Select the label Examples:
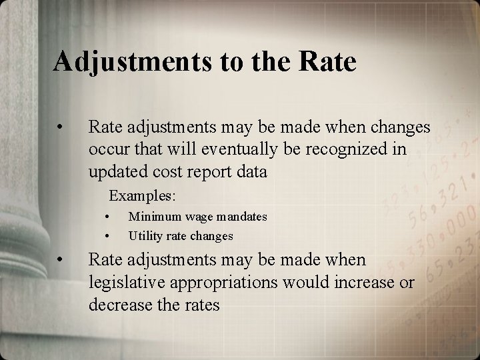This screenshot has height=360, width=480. pyautogui.click(x=142, y=196)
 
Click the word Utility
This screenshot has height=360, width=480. pyautogui.click(x=145, y=235)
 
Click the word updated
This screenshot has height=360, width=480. pyautogui.click(x=115, y=171)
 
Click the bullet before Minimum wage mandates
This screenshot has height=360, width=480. pyautogui.click(x=107, y=217)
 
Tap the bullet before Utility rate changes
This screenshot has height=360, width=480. pyautogui.click(x=107, y=235)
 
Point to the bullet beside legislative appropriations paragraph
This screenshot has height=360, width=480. pyautogui.click(x=61, y=259)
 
